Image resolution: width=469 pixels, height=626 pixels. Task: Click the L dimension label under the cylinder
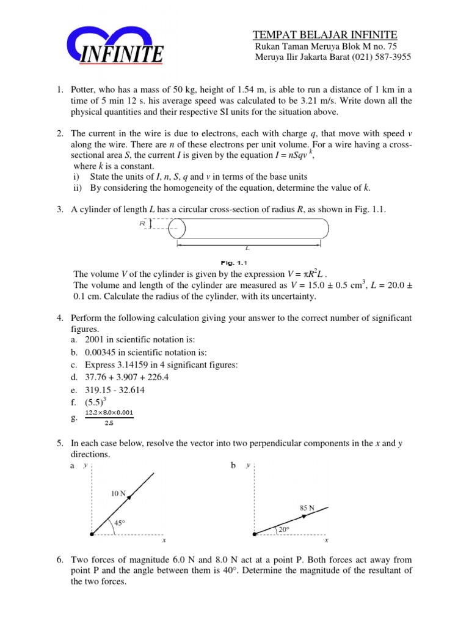(x=247, y=249)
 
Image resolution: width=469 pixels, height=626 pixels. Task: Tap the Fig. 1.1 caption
(x=247, y=263)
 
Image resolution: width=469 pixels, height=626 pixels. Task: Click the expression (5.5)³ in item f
(x=83, y=403)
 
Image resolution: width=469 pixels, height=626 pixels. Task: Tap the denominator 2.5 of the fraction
(x=110, y=422)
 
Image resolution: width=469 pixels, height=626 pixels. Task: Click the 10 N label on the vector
(x=119, y=492)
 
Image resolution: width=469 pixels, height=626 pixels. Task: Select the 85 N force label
(x=307, y=507)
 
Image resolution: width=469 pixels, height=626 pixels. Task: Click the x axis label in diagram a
(x=163, y=541)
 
